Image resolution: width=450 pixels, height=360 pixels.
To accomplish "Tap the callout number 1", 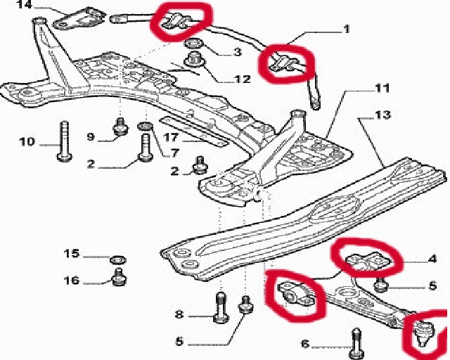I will tap(346, 30).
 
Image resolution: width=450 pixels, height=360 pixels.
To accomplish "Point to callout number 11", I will tap(381, 89).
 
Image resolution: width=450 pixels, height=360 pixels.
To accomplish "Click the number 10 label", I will tap(26, 142).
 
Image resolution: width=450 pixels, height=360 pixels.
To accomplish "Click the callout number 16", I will tap(72, 281).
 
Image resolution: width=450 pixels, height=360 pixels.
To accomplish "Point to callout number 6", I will tap(304, 344).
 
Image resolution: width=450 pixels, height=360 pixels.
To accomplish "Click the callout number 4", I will tap(432, 258).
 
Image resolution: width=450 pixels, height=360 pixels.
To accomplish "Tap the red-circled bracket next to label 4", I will tap(367, 259).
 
